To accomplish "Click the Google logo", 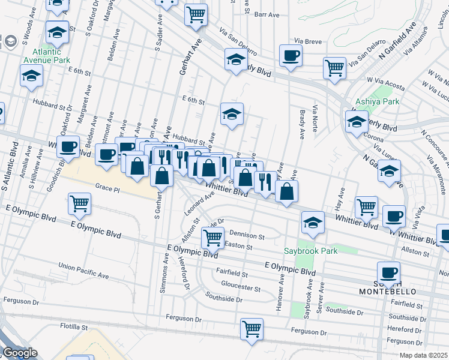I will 20,353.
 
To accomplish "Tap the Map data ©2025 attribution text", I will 424,355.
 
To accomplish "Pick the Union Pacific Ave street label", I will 83,271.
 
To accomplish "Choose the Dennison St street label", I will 246,236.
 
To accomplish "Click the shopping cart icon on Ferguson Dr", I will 252,329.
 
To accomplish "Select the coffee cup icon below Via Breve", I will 291,56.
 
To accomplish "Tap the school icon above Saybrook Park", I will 312,222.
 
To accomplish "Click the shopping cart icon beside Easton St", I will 212,237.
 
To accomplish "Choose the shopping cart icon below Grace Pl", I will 79,204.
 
